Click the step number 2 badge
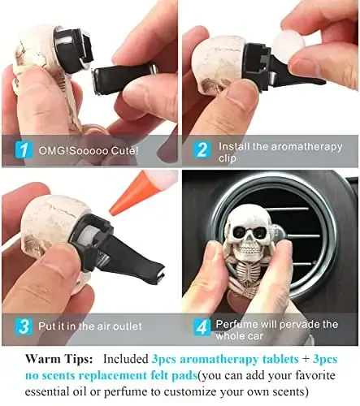point(202,149)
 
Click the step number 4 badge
point(202,326)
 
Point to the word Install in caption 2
point(233,144)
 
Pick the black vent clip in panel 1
point(114,77)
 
